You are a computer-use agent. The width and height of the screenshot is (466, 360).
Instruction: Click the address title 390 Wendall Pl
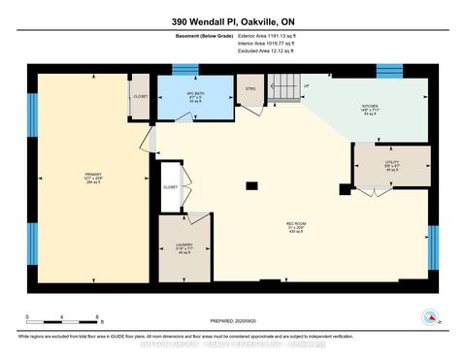point(233,20)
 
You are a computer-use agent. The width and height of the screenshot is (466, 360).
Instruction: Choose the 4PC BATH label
point(193,97)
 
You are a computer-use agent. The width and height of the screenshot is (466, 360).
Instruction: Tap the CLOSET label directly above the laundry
point(171,186)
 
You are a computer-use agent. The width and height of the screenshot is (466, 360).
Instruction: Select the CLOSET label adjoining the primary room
point(141,97)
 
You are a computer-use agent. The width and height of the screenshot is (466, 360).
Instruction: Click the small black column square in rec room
point(251,184)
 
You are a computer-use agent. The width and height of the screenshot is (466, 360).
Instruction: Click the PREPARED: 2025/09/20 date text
point(233,321)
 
